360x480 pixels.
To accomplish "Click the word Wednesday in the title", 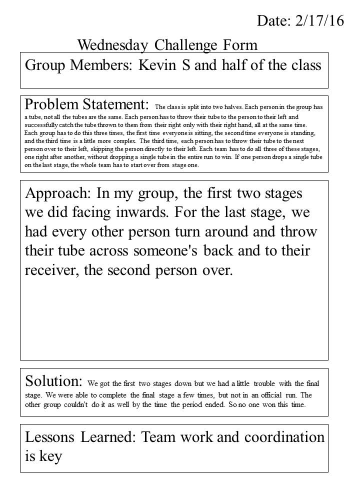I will pos(113,45).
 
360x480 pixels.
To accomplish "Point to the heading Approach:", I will pos(56,193).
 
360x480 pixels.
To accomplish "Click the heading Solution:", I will pos(53,381).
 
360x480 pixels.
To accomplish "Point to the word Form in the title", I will pos(240,45).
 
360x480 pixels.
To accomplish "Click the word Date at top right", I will pos(270,20).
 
